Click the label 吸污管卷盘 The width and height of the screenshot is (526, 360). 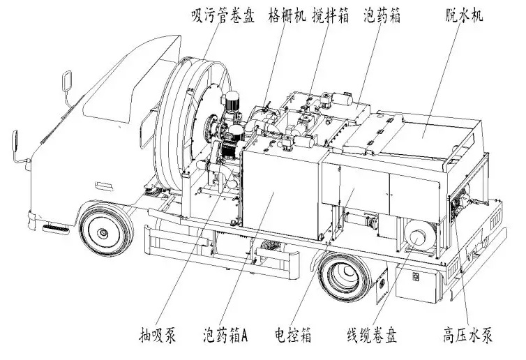pyautogui.click(x=223, y=16)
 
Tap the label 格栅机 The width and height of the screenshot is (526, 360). pyautogui.click(x=287, y=15)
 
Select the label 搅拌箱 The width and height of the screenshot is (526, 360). pyautogui.click(x=330, y=15)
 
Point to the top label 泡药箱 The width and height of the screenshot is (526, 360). pyautogui.click(x=382, y=15)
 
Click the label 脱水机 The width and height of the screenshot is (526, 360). pyautogui.click(x=464, y=15)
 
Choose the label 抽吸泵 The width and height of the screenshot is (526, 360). pyautogui.click(x=158, y=334)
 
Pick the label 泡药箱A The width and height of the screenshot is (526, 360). pyautogui.click(x=225, y=334)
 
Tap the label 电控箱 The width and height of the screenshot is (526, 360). pyautogui.click(x=293, y=334)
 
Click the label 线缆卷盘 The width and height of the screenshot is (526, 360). pyautogui.click(x=372, y=334)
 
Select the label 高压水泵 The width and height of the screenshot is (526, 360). pyautogui.click(x=467, y=334)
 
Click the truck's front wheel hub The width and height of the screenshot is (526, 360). pyautogui.click(x=103, y=232)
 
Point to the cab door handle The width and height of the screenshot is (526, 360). pyautogui.click(x=104, y=186)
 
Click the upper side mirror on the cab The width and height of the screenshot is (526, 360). pyautogui.click(x=67, y=80)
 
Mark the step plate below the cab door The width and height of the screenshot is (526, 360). pyautogui.click(x=56, y=230)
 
